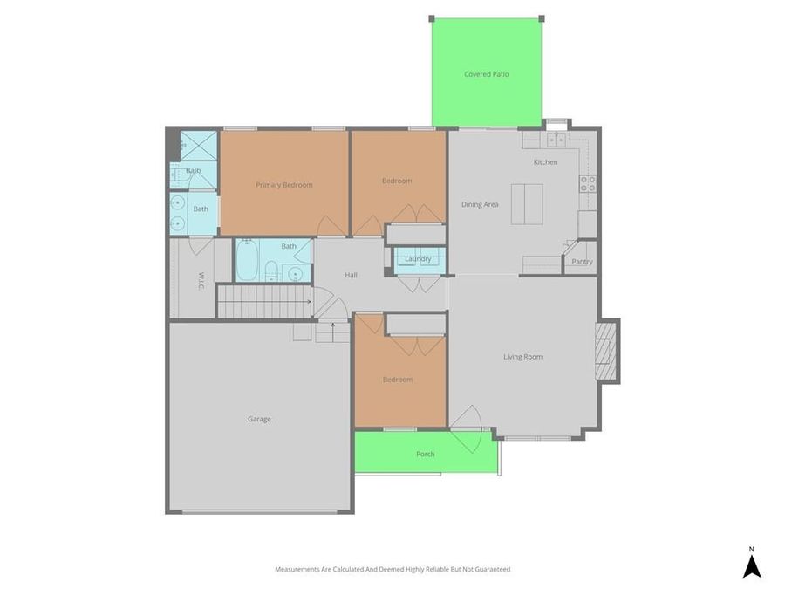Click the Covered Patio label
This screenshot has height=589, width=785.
[x=486, y=74]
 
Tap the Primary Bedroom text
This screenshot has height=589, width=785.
[x=283, y=185]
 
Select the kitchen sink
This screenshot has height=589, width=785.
[x=556, y=140]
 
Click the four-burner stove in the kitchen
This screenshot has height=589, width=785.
[x=588, y=183]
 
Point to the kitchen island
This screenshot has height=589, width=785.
[x=527, y=203]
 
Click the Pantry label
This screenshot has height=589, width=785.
[x=582, y=262]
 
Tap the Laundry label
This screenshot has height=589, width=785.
[x=418, y=259]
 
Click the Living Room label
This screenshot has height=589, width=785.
[x=522, y=357]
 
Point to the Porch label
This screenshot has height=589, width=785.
[x=425, y=455]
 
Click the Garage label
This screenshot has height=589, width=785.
[x=259, y=419]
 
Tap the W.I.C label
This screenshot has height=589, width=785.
[x=200, y=280]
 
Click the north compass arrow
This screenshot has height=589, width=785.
[x=751, y=566]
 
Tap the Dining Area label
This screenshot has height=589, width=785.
[x=480, y=204]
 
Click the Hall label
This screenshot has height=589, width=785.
[x=351, y=275]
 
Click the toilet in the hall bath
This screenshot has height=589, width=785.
[x=271, y=271]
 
